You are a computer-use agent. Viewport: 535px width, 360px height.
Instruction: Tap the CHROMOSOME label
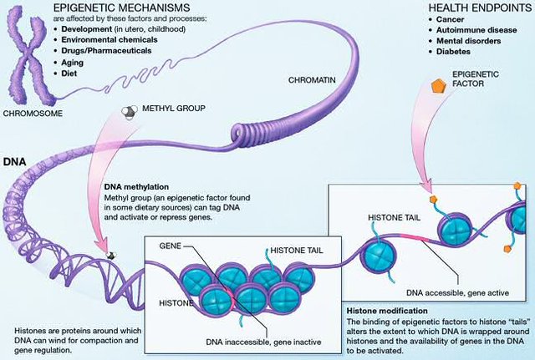[33, 114]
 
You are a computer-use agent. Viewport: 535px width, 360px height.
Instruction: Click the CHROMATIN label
[312, 80]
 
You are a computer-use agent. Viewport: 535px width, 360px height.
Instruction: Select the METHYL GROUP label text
[174, 109]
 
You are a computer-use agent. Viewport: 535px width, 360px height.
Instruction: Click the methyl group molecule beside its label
[130, 112]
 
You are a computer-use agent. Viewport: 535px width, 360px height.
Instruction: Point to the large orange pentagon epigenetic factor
[438, 86]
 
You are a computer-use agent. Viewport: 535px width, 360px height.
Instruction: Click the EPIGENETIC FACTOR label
[476, 79]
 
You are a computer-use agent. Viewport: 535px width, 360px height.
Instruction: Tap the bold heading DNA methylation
[136, 187]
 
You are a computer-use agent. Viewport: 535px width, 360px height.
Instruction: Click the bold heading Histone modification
[387, 311]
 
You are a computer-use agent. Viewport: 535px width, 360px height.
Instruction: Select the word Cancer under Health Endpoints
[450, 19]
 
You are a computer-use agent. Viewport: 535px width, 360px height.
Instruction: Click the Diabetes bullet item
[453, 52]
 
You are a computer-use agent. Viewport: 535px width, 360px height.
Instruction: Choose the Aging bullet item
[72, 63]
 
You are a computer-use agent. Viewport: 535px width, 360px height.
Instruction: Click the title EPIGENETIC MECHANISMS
[122, 8]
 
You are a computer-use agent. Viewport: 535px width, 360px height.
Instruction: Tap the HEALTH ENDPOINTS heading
[480, 8]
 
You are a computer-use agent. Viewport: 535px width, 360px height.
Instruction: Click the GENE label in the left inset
[170, 246]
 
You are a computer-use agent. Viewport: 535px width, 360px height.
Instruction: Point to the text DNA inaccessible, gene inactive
[263, 342]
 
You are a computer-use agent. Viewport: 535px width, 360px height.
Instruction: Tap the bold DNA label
[15, 161]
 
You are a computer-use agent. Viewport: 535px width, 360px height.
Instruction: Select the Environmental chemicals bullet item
[110, 40]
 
